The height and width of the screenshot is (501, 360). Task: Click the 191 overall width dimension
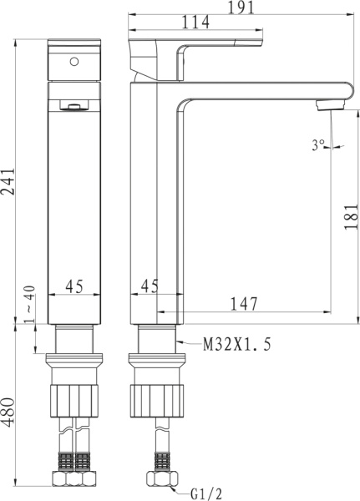click(241, 7)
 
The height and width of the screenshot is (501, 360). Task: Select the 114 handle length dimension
click(195, 23)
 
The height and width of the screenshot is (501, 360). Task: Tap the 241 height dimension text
click(8, 182)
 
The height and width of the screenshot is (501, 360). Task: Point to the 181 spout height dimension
click(351, 216)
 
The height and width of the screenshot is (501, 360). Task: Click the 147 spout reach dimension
click(244, 304)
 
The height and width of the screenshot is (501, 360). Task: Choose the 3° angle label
click(318, 145)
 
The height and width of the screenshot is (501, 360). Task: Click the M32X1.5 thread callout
click(237, 344)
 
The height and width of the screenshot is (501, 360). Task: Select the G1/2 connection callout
click(206, 493)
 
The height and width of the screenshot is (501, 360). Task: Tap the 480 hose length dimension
click(8, 412)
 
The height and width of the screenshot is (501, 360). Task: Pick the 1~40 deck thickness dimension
click(29, 304)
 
